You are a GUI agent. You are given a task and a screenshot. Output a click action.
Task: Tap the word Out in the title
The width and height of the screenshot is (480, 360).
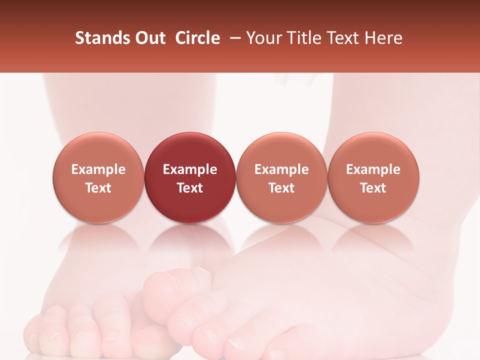[x=149, y=38]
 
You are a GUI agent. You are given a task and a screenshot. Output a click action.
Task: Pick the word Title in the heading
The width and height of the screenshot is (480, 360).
[x=302, y=38]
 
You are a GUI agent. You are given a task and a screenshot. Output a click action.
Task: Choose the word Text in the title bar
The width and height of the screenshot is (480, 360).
[x=343, y=38]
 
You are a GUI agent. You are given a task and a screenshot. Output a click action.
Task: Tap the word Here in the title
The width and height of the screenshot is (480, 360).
[x=384, y=38]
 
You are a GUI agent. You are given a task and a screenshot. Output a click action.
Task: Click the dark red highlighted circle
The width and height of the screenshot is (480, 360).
[x=190, y=150]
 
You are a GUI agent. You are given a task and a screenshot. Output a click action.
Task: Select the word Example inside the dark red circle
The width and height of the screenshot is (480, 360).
[x=190, y=169]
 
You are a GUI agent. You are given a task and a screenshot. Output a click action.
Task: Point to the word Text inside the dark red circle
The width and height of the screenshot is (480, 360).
[x=190, y=188]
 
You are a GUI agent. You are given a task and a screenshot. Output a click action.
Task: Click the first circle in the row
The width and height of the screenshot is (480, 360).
[x=98, y=150]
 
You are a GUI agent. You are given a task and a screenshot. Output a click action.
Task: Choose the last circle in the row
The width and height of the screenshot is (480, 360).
[x=373, y=150]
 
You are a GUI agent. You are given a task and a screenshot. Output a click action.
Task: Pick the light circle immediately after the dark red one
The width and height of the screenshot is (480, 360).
[x=281, y=150]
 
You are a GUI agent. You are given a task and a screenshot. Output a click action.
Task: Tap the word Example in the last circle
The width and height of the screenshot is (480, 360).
[x=373, y=169]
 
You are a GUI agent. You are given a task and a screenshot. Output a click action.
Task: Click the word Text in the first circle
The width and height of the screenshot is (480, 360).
[x=98, y=188]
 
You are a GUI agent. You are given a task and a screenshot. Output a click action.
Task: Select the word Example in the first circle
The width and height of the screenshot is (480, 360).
[x=98, y=169]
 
